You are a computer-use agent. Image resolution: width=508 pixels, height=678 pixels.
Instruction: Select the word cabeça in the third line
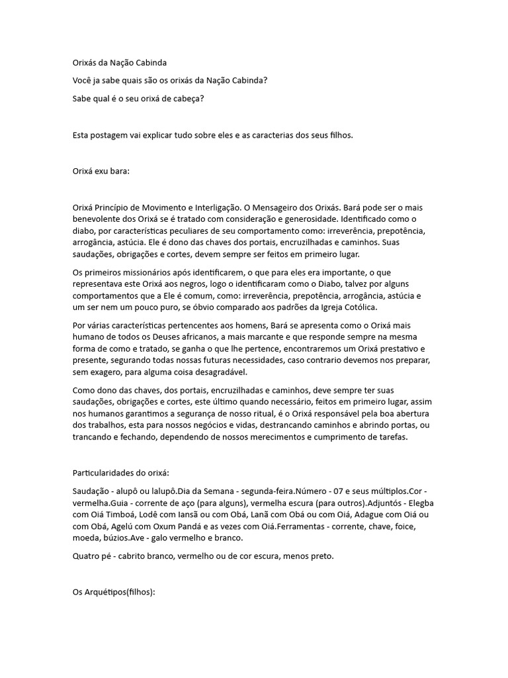click(188, 99)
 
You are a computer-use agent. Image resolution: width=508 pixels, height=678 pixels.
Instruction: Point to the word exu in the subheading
click(104, 171)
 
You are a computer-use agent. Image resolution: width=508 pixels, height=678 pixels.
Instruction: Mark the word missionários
click(151, 271)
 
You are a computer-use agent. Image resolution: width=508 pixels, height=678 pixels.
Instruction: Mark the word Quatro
click(86, 556)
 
